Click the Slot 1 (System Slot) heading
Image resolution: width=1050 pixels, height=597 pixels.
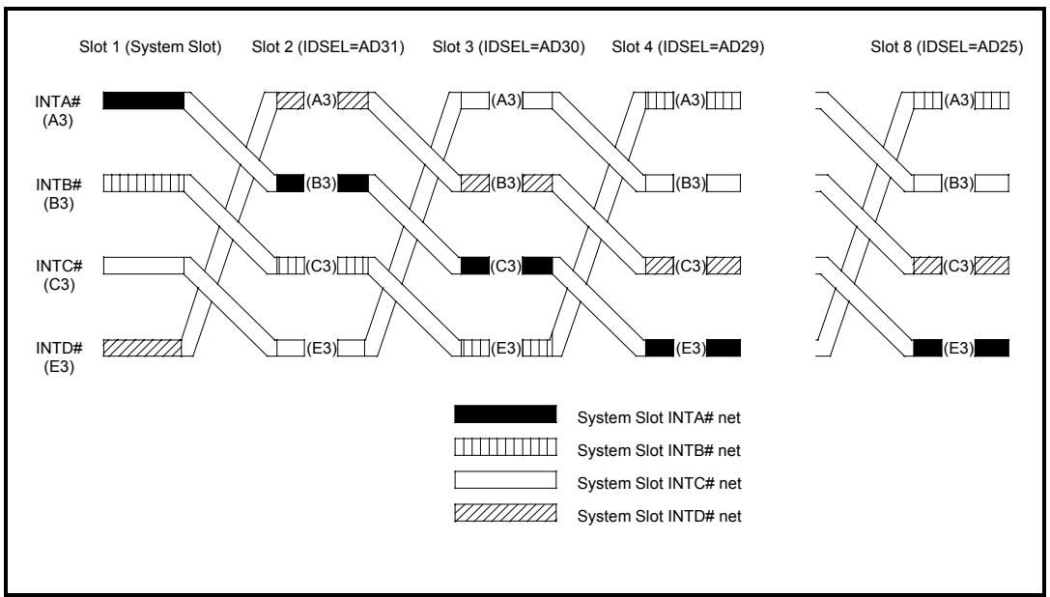click(x=151, y=47)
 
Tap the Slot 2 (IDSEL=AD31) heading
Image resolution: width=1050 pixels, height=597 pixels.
click(x=328, y=47)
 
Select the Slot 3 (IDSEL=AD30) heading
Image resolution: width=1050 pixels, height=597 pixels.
click(x=508, y=47)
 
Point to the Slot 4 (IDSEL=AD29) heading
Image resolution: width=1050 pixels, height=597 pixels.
click(x=688, y=47)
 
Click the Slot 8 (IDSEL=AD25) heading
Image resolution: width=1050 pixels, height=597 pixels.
click(x=947, y=47)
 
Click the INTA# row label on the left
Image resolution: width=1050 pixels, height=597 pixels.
click(x=59, y=101)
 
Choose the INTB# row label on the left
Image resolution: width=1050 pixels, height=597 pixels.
click(x=59, y=185)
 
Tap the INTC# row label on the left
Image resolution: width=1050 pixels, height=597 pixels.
click(x=59, y=266)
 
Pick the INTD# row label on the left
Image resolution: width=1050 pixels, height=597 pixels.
click(x=59, y=349)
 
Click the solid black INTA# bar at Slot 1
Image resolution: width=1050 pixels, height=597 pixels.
click(x=143, y=100)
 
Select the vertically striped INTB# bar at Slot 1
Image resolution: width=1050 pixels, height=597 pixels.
click(x=143, y=183)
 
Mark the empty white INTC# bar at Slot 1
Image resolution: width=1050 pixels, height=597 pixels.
click(x=143, y=266)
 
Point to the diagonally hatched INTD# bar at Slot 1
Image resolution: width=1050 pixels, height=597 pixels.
click(x=142, y=348)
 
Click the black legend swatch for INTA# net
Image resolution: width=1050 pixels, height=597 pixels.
click(x=505, y=414)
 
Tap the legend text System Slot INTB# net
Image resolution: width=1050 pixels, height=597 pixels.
click(x=660, y=451)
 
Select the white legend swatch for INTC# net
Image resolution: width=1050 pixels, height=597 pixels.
click(x=505, y=480)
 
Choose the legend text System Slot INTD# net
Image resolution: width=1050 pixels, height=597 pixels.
click(x=660, y=517)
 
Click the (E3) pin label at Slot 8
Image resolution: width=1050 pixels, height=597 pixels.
click(x=958, y=349)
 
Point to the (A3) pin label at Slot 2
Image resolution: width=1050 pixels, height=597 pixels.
click(x=322, y=101)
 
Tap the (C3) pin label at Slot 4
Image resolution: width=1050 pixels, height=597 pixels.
click(x=691, y=266)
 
